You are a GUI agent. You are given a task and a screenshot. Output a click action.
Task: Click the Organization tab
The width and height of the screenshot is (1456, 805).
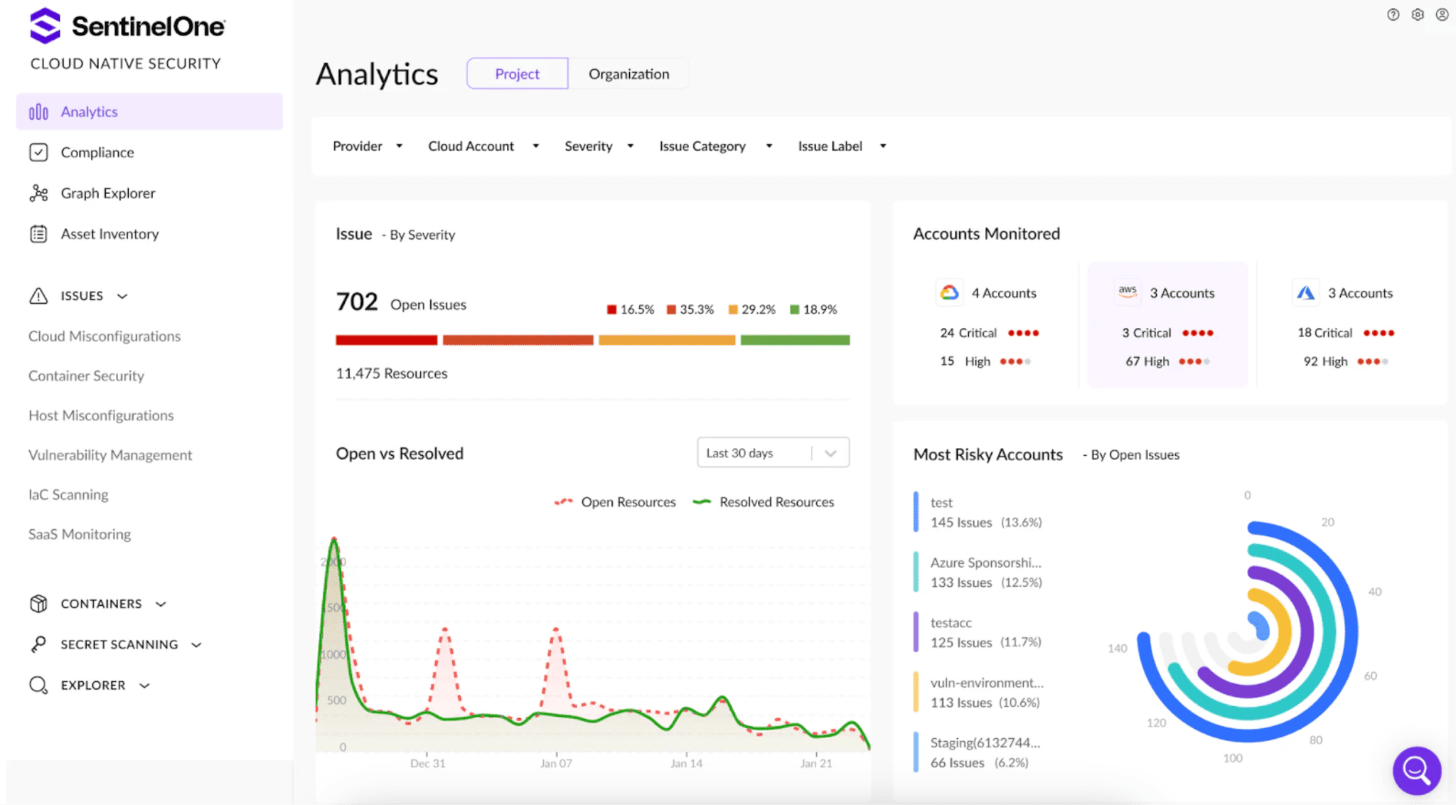(628, 74)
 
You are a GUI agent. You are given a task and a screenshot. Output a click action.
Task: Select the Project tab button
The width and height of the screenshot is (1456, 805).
(517, 74)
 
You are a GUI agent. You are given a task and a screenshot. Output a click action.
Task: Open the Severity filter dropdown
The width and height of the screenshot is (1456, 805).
(599, 146)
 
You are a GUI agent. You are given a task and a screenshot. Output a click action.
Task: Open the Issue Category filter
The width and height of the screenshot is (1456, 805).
(715, 146)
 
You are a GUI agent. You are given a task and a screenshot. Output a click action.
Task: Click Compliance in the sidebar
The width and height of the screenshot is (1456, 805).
(97, 153)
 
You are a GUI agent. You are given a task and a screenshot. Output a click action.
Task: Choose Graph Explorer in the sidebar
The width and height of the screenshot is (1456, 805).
(108, 193)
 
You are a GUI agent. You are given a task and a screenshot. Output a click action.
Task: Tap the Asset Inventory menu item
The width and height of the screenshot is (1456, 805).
(109, 234)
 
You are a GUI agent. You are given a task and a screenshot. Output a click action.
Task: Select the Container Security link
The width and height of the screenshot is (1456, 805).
(86, 376)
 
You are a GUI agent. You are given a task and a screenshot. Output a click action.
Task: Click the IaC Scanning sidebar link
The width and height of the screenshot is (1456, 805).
(68, 495)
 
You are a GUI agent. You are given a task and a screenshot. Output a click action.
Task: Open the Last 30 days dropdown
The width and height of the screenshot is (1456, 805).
(773, 453)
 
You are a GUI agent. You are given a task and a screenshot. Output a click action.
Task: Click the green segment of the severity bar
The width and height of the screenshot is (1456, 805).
(795, 340)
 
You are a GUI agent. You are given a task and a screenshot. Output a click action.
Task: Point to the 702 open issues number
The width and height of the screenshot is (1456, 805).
(357, 302)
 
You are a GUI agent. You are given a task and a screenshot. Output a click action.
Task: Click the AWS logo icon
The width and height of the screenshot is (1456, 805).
(1128, 291)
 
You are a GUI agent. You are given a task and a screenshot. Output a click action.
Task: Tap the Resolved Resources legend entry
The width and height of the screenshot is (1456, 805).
(764, 502)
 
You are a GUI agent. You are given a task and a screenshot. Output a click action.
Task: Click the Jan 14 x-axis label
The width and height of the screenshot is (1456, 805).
(686, 764)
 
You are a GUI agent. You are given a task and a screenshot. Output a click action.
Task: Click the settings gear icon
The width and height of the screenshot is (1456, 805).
(1418, 14)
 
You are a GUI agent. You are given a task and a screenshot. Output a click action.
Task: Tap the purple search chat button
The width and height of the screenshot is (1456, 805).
(1417, 770)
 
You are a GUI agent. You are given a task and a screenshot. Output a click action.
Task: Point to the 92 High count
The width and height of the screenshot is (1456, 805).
(1325, 362)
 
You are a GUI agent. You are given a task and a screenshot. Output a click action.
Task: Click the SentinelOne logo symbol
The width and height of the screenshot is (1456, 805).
(45, 26)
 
